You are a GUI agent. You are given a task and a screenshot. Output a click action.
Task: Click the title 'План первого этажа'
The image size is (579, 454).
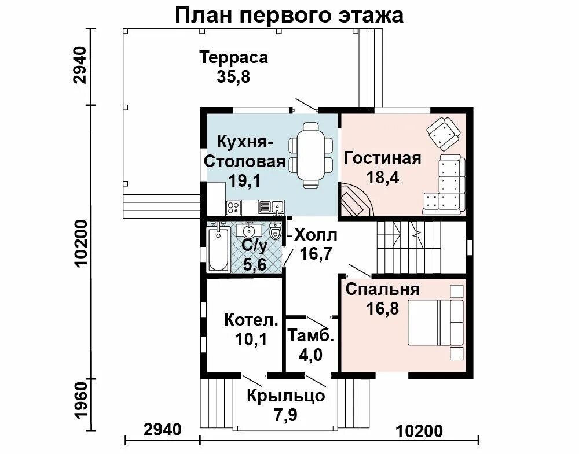[x=289, y=16]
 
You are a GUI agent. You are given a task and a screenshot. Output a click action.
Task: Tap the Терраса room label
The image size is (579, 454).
[x=233, y=57]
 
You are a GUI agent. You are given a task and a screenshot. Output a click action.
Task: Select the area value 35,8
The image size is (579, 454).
[x=233, y=77]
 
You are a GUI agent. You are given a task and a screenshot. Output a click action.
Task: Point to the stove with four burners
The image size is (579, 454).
[x=234, y=207]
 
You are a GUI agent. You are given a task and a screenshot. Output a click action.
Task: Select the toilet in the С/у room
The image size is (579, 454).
[x=275, y=231]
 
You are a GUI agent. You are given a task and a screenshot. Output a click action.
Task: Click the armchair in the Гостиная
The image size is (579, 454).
[x=444, y=133]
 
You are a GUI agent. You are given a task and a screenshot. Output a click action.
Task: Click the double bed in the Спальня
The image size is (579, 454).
[x=435, y=322]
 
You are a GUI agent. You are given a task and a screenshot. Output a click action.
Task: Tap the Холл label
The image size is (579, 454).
[x=316, y=235]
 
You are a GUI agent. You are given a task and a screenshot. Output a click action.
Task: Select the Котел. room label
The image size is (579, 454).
[x=251, y=320]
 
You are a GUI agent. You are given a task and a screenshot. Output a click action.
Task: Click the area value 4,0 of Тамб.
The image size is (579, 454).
[x=310, y=355]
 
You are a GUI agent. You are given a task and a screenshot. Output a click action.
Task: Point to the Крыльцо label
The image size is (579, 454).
[x=286, y=396]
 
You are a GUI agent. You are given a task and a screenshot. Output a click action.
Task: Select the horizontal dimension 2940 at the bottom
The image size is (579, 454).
[x=163, y=430]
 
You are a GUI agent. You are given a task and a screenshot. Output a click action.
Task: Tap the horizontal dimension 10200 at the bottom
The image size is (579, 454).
[x=419, y=431]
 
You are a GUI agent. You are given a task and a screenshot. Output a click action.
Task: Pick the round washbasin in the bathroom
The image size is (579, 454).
[x=249, y=230]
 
